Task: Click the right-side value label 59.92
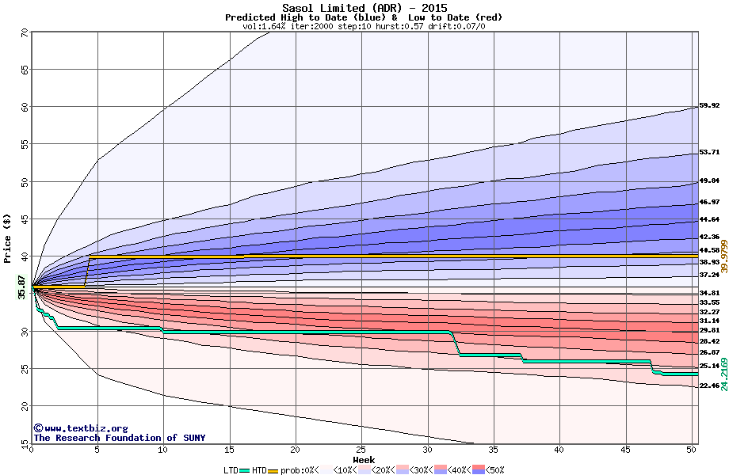coord(709,105)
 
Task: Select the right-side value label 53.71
coord(709,152)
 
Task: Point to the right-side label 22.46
coord(709,386)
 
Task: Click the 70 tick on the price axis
coord(25,33)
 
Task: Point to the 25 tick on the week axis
coord(361,450)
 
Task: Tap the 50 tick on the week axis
coord(691,450)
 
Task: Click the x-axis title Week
coord(364,459)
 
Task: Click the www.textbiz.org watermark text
coord(79,428)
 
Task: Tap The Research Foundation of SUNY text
coord(119,438)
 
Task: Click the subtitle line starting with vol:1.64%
coord(364,26)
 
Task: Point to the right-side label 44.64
coord(709,219)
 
